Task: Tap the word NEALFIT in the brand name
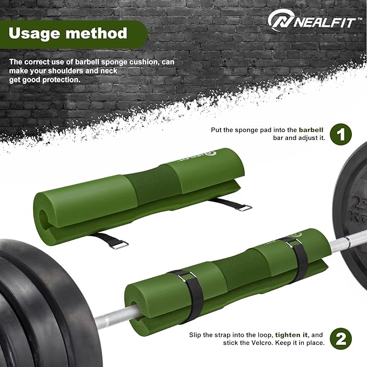click(x=324, y=23)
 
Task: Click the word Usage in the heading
click(x=35, y=33)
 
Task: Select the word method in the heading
click(x=96, y=33)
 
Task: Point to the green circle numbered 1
click(x=341, y=135)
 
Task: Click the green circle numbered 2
click(x=341, y=339)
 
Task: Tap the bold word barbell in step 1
click(x=311, y=130)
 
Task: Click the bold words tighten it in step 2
click(x=291, y=335)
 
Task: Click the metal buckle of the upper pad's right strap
click(x=244, y=208)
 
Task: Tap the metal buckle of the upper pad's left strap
click(x=121, y=245)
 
